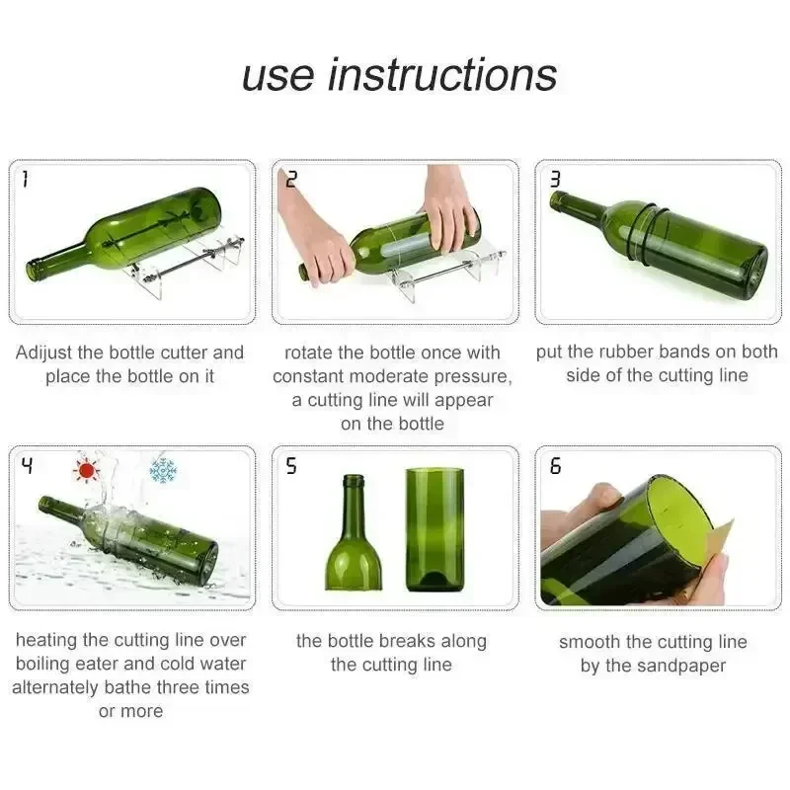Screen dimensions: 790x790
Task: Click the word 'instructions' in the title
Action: [442, 75]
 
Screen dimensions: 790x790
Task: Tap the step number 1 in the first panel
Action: [25, 179]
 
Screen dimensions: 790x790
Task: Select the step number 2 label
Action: [291, 179]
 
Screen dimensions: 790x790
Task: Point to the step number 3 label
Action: [555, 179]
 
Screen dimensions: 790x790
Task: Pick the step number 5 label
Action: [291, 466]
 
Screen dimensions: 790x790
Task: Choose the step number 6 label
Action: [555, 466]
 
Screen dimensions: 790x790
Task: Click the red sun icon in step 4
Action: [88, 470]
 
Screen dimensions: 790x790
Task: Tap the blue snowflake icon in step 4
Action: [162, 470]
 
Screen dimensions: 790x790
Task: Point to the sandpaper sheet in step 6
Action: [719, 553]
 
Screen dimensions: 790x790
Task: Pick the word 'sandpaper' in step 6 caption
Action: [677, 666]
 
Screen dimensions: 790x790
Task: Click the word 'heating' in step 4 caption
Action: [48, 641]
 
